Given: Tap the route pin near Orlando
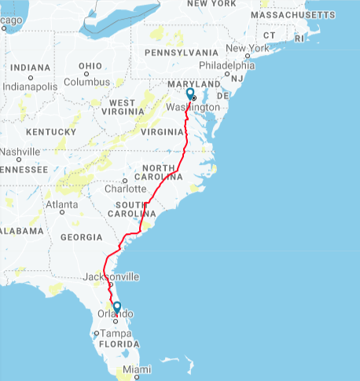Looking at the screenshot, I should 116,308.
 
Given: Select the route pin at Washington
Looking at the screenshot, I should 189,93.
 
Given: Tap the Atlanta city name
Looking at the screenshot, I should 61,204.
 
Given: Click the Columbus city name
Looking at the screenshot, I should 86,82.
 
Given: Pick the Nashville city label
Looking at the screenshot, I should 20,152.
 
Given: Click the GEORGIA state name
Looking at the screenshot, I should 80,236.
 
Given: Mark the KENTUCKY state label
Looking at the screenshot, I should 50,131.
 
